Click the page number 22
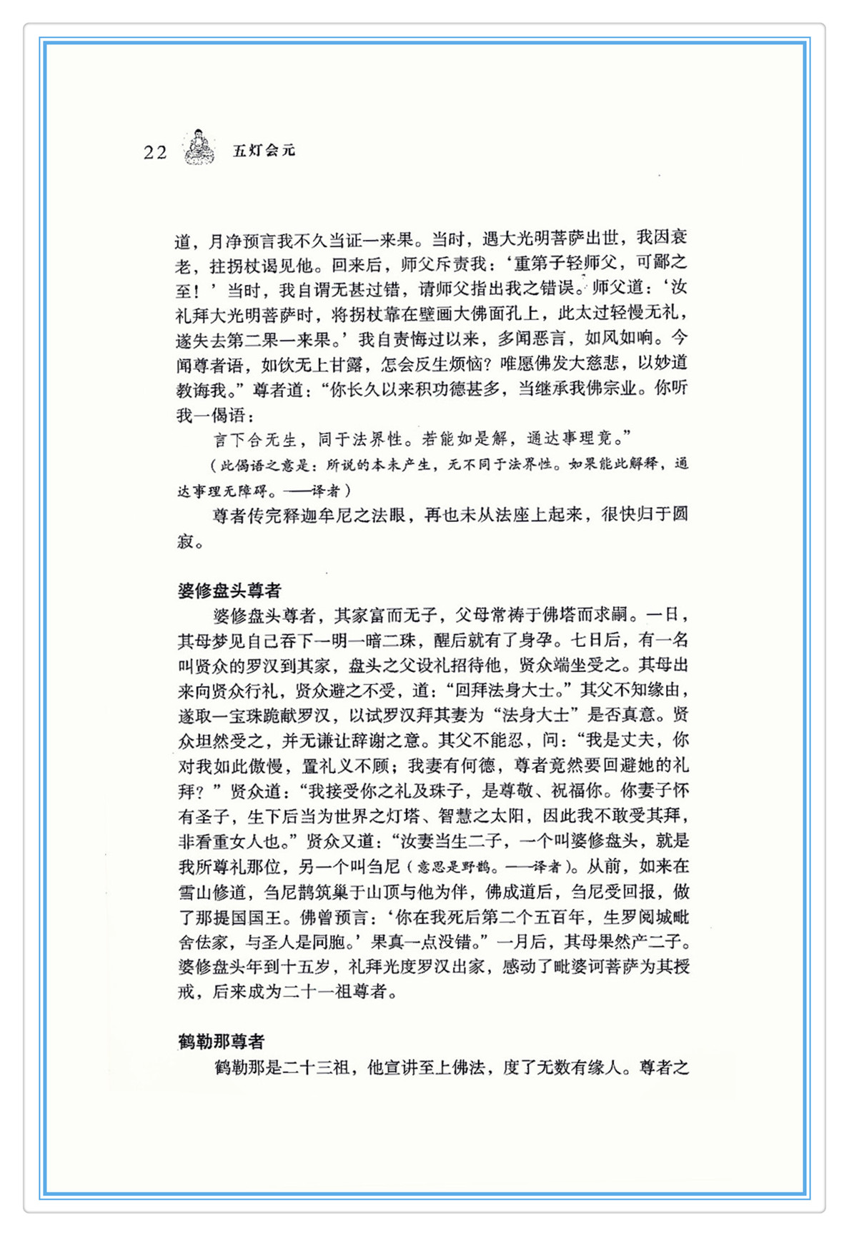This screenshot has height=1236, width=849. (155, 152)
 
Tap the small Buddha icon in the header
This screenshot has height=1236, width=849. (199, 147)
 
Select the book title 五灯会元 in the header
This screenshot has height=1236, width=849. (264, 150)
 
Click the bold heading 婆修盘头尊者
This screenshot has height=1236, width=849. (229, 591)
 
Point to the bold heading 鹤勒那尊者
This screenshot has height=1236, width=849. (221, 1042)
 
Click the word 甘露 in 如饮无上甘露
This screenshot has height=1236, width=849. (344, 365)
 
